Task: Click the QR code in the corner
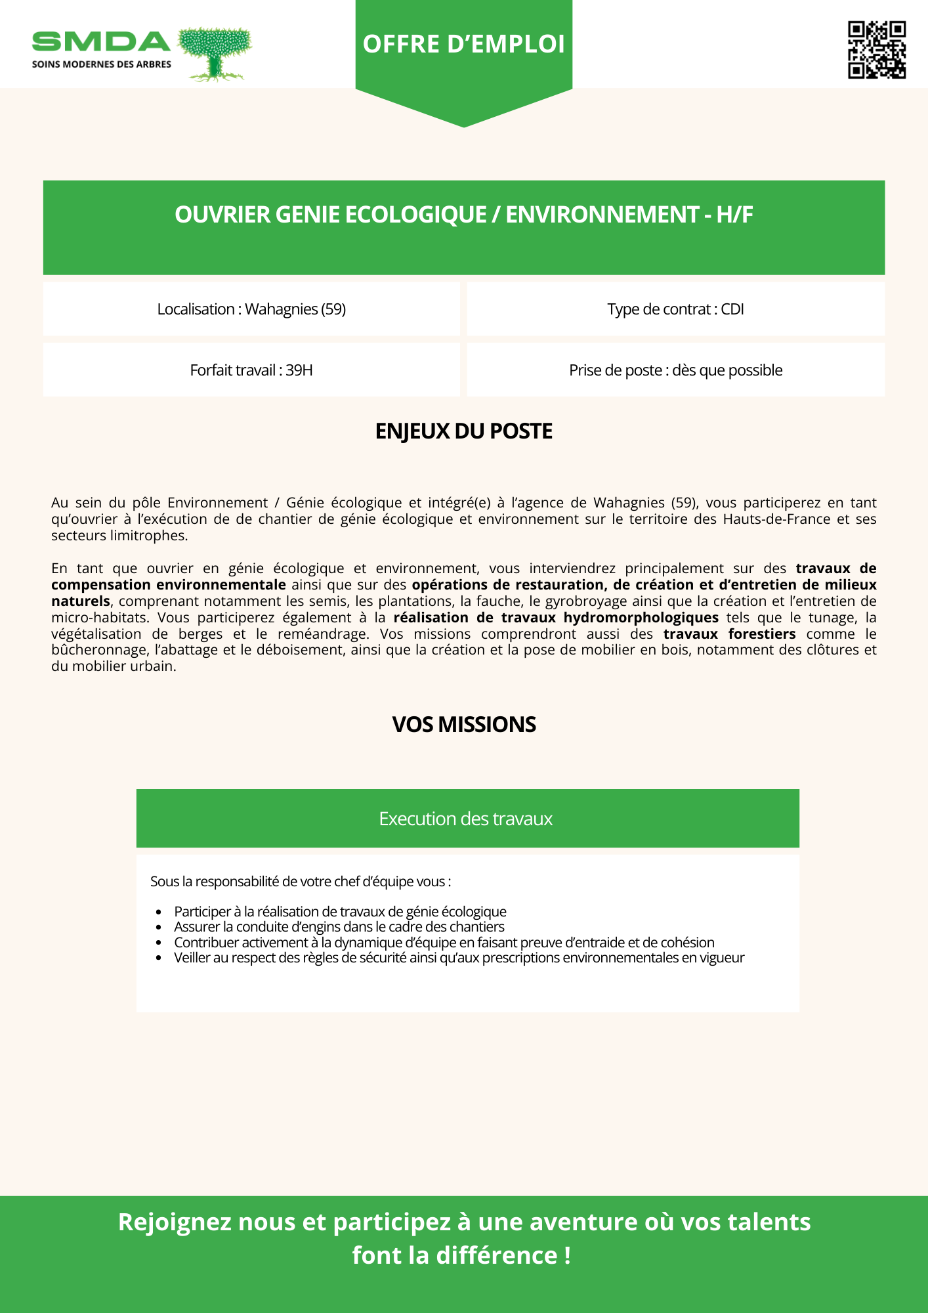(877, 50)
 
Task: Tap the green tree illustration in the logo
(215, 53)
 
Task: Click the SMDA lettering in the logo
(101, 42)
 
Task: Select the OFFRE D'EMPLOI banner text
(463, 44)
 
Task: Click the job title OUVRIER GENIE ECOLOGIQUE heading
(463, 215)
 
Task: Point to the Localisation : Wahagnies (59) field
(251, 309)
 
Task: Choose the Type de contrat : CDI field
(675, 309)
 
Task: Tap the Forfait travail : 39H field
(251, 370)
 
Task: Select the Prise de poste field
(675, 370)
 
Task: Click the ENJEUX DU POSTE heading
(463, 431)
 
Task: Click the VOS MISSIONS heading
(463, 724)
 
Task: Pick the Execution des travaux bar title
(465, 819)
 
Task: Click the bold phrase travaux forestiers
(729, 634)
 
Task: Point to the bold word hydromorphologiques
(641, 618)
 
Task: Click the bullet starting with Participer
(340, 911)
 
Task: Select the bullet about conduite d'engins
(339, 927)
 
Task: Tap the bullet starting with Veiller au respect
(459, 958)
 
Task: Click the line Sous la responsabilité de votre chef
(300, 882)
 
